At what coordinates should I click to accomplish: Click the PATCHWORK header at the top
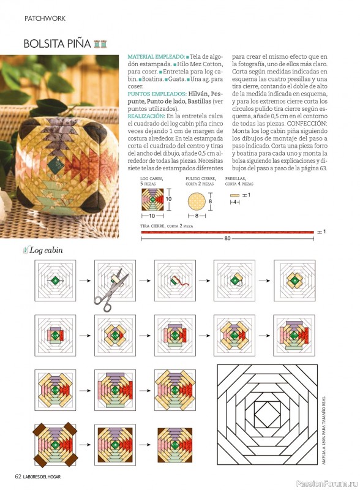click(45, 18)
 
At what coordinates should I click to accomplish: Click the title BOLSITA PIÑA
click(57, 43)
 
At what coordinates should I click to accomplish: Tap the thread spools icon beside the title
click(100, 43)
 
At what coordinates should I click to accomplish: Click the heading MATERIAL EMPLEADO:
click(156, 57)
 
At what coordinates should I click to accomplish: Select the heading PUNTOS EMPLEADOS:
click(157, 94)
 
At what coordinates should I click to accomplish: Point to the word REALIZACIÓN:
click(146, 116)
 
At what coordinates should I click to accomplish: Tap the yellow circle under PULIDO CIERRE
click(197, 202)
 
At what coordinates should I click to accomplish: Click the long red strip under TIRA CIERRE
click(228, 232)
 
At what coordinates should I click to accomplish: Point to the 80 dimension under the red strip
click(227, 238)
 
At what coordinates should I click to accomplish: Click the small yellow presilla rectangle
click(234, 195)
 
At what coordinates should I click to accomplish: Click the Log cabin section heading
click(47, 251)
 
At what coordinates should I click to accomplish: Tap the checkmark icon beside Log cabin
click(26, 250)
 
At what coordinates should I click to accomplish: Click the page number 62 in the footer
click(18, 477)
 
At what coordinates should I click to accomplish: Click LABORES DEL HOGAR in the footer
click(42, 477)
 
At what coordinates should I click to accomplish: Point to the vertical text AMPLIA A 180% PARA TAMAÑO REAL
click(324, 431)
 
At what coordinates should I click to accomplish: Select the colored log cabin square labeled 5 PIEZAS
click(152, 200)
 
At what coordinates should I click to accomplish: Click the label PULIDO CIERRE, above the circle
click(201, 178)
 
